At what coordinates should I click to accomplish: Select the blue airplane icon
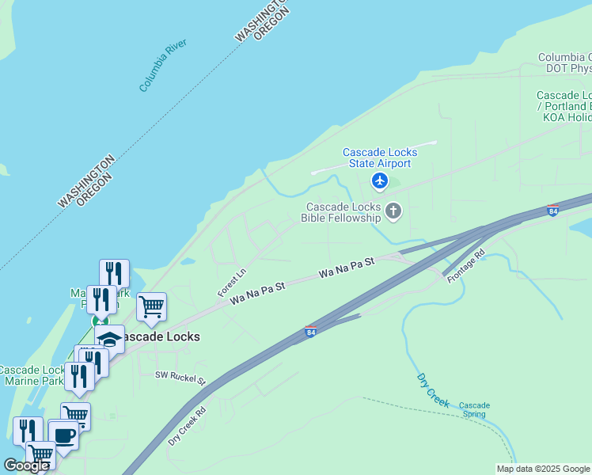(x=380, y=181)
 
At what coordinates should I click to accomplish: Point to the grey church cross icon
(x=393, y=211)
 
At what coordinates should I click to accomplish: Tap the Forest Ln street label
(x=233, y=282)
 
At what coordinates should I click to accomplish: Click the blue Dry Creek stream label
(x=432, y=389)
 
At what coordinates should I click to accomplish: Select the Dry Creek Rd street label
(x=187, y=426)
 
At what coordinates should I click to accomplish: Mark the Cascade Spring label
(x=474, y=410)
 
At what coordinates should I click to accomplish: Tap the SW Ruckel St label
(x=180, y=378)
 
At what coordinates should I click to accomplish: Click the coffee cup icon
(x=63, y=435)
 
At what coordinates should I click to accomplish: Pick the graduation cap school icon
(x=109, y=339)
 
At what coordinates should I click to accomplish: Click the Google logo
(x=26, y=465)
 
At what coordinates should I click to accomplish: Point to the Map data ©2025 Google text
(x=543, y=469)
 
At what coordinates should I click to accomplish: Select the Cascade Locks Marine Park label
(x=32, y=375)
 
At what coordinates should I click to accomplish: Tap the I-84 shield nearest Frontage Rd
(x=552, y=211)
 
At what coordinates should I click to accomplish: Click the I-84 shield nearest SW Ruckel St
(x=311, y=332)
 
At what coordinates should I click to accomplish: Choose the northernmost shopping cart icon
(x=151, y=306)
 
